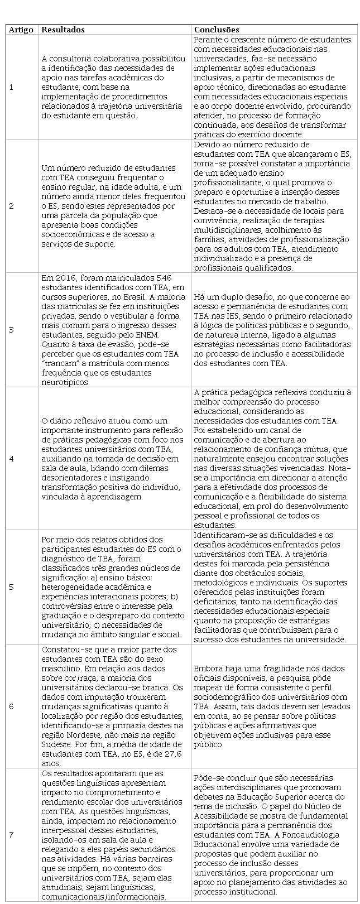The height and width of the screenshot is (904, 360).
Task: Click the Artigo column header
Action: click(x=21, y=30)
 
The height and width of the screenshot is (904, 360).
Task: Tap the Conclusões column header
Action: click(x=217, y=30)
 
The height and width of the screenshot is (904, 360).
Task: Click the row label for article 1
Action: click(x=12, y=87)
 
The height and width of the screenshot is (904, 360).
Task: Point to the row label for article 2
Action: click(x=12, y=206)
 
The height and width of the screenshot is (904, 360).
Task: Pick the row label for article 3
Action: click(x=12, y=330)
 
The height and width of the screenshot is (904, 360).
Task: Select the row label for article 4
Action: click(x=12, y=458)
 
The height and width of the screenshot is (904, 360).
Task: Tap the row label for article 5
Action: click(x=12, y=587)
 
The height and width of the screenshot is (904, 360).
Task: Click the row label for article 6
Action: click(x=12, y=706)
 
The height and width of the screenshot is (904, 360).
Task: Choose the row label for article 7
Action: click(x=12, y=835)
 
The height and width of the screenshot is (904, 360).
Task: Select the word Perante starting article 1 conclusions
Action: click(x=208, y=40)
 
